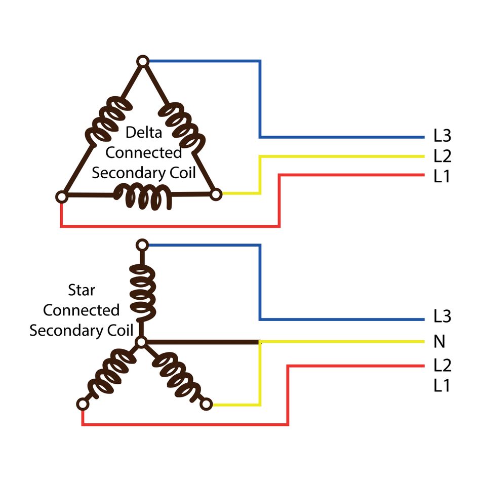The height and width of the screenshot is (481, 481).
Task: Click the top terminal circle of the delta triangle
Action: [143, 61]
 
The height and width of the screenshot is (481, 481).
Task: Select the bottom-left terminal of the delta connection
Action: [61, 196]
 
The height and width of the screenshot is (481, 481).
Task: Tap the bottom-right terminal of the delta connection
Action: [216, 194]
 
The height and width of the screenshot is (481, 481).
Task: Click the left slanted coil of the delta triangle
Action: [106, 122]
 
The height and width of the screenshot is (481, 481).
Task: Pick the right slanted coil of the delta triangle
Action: [185, 124]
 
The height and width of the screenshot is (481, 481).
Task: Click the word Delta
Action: [144, 133]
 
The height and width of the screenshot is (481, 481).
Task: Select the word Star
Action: [81, 291]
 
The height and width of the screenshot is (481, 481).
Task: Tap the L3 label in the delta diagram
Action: [442, 136]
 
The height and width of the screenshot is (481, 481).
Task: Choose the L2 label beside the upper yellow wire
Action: [442, 156]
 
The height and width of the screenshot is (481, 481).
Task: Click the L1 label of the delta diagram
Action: [442, 177]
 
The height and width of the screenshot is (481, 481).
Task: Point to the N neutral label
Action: [439, 342]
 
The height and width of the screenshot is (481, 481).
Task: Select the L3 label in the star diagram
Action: [442, 317]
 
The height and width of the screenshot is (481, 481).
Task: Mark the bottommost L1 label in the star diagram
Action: [442, 386]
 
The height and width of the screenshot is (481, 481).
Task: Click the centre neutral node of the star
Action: [142, 342]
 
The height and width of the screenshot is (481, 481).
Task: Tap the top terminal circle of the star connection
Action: [142, 246]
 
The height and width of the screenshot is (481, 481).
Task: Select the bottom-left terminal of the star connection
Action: [82, 404]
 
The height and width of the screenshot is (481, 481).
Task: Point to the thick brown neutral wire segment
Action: [203, 342]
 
